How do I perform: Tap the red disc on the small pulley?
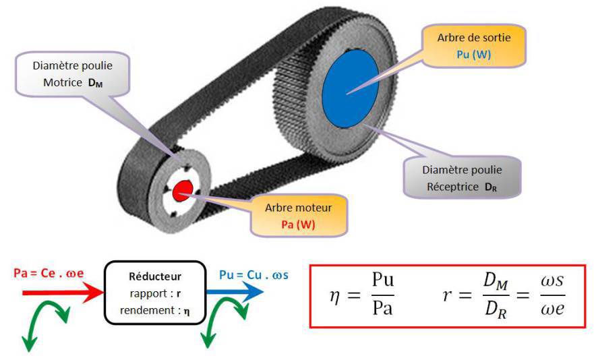pyautogui.click(x=183, y=192)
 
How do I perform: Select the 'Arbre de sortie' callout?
pyautogui.click(x=463, y=46)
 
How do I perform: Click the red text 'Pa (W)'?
pyautogui.click(x=298, y=224)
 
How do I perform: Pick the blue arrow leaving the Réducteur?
pyautogui.click(x=233, y=293)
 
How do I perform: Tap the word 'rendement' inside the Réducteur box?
pyautogui.click(x=148, y=310)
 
